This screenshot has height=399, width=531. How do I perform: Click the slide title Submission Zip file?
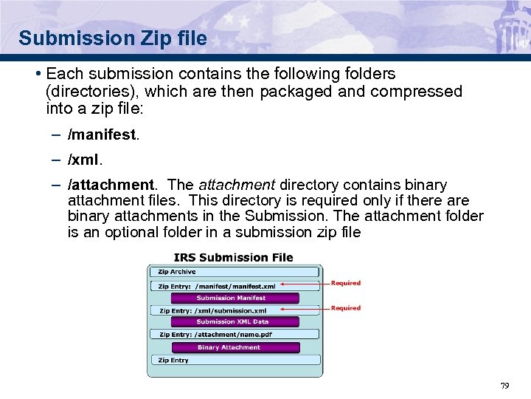point(113,38)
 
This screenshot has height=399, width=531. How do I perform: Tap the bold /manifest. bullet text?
point(103,135)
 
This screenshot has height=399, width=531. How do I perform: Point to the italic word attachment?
point(236,185)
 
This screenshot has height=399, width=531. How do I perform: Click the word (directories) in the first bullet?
point(93,92)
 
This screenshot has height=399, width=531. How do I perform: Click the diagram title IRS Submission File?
point(233,258)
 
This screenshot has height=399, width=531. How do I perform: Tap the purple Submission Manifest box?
point(235,299)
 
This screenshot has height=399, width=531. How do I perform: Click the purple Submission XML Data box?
point(235,322)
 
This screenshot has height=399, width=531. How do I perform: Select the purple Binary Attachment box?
point(235,347)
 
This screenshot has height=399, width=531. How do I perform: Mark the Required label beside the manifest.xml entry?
point(346,283)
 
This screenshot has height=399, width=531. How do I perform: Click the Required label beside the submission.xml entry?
point(346,308)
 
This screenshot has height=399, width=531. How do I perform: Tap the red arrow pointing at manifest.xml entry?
point(303,284)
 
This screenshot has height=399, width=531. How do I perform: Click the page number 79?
point(504,386)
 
